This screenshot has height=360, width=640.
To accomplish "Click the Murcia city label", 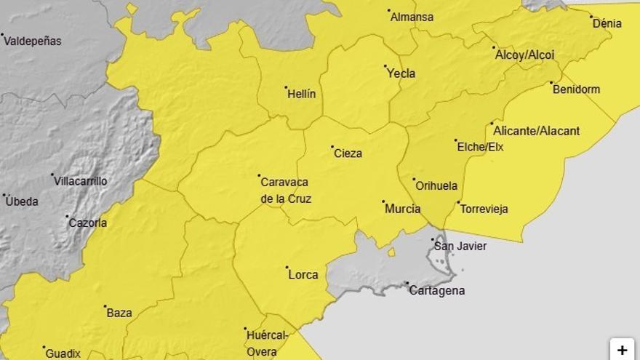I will coord(402,209).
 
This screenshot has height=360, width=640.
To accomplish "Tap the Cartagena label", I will coord(436,291).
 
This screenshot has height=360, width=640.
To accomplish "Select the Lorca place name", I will coord(303,275).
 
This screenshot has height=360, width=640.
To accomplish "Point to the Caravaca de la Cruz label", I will coord(285,190).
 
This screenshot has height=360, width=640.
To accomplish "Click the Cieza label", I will coord(348,153).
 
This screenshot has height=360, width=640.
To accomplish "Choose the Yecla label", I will coord(401,73).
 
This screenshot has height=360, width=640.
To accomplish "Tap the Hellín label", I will coord(301,94).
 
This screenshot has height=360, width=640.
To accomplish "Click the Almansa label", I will coord(412,17).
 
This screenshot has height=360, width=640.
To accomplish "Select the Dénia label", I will coord(607,23).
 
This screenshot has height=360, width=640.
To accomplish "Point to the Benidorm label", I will coord(576,89).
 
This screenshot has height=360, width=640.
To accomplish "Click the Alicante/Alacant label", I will coord(536,131).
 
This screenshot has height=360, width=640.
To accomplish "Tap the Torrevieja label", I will coord(484,209).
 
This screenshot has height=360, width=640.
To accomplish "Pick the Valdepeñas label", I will coord(33,41).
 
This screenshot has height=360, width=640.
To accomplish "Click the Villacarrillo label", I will coord(80,181).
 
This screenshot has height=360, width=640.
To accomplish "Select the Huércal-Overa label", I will coord(267,343).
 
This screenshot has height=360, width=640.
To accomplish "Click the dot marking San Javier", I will coord(433,239).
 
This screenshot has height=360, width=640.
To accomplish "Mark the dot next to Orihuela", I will coord(414,179).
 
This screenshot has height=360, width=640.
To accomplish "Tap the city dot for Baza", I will coord(105,306).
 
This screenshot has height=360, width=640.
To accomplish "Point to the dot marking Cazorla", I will coord(67,216).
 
